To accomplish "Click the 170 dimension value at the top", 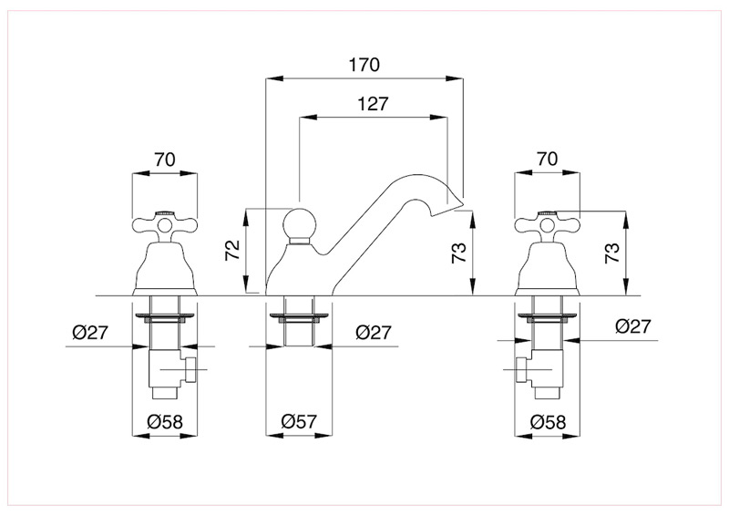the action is pos(364,65).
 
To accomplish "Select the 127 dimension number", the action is pos(373,104).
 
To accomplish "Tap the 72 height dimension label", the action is pos(232,250).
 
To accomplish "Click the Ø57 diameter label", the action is pos(299,421).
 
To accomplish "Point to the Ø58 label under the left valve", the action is pos(165,421).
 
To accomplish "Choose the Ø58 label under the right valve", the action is pos(549,421).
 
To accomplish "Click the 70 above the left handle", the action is pos(165,160).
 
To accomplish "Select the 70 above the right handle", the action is pos(548,159).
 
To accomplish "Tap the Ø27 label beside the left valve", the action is pos(90,332).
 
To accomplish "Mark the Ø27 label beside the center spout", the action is pos(374,332).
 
